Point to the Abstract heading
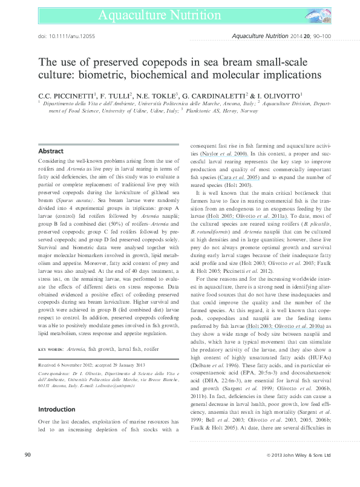click(x=51, y=150)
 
